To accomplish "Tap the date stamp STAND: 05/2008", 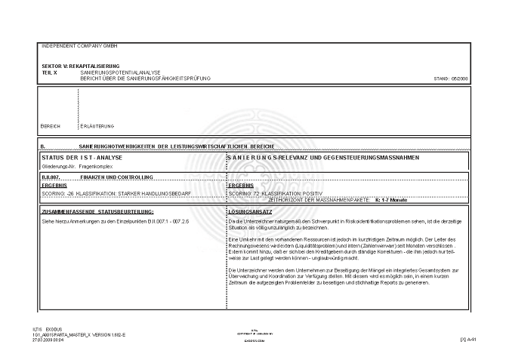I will coord(452,78).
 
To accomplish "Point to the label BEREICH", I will coord(51,125).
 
